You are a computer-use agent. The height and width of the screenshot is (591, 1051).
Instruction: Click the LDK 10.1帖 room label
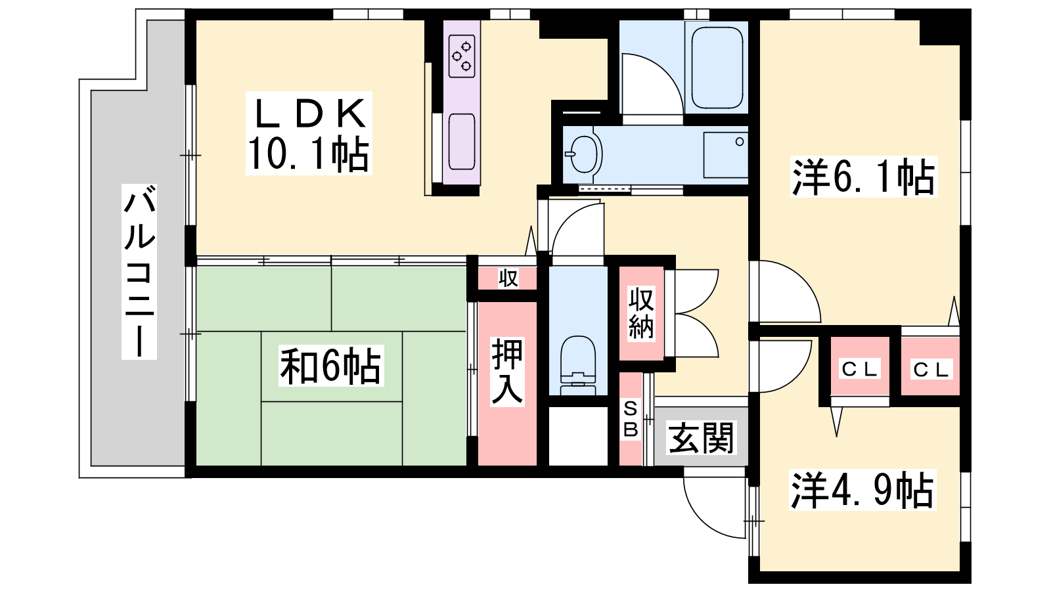[309, 133]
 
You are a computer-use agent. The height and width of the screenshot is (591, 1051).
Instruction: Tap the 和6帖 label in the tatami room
[331, 366]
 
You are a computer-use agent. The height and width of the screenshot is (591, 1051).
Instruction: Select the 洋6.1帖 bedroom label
[863, 177]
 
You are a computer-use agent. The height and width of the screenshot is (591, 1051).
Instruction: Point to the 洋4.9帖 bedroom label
[862, 490]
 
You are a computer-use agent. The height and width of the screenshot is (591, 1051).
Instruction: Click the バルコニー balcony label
[139, 272]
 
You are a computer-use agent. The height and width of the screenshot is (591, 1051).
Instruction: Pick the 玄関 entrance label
[701, 438]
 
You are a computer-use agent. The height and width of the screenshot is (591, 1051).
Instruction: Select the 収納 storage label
[641, 314]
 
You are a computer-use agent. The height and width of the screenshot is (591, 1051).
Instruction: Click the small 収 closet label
[508, 278]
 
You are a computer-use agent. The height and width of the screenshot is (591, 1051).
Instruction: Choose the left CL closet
[860, 366]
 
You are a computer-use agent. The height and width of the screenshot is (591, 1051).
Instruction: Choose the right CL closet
[930, 366]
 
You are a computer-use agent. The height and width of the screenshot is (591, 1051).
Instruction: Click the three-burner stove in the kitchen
[462, 56]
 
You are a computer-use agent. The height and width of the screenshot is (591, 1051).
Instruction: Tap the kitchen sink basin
[462, 141]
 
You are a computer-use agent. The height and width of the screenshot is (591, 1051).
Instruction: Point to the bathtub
[717, 67]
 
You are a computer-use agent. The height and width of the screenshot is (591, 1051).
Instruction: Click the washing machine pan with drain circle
[726, 155]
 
